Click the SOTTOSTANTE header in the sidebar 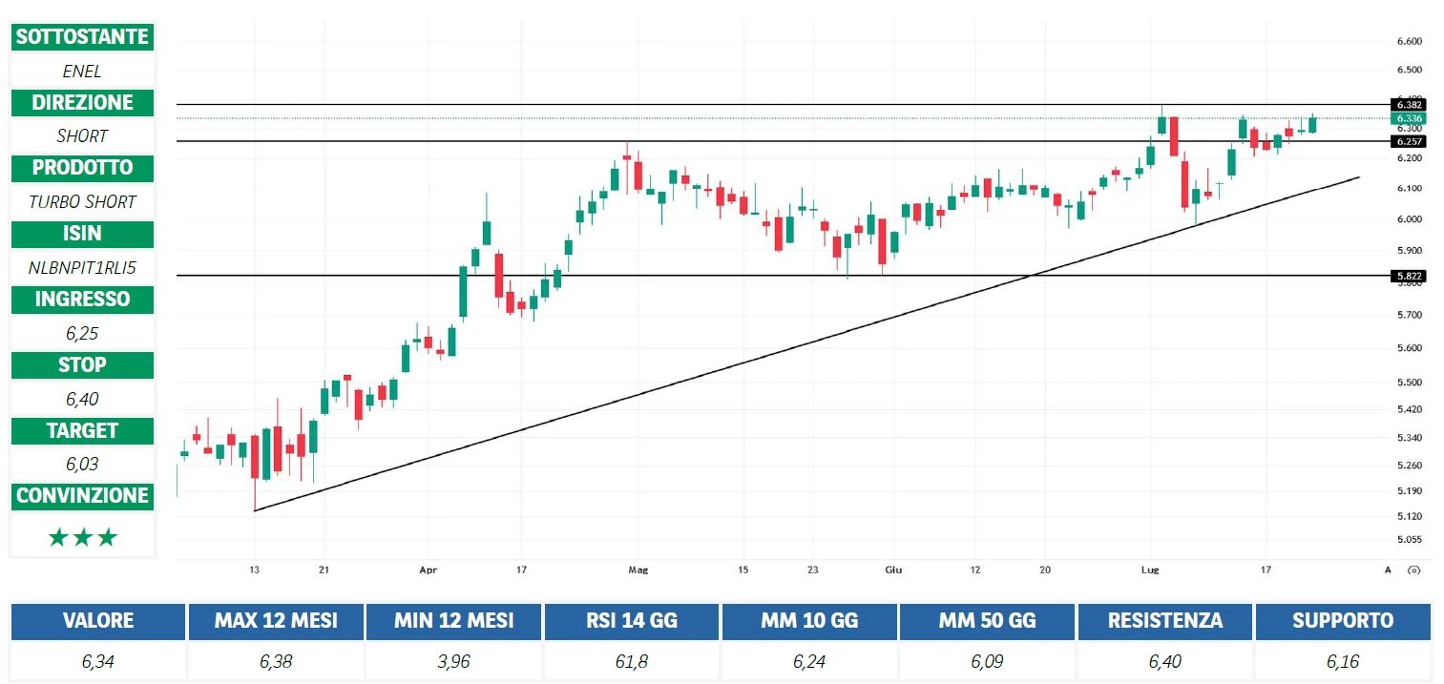82,37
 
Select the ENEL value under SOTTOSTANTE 82,71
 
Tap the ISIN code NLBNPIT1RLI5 82,267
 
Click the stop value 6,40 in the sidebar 82,399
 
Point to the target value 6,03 82,465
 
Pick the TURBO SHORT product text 82,201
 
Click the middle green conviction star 82,538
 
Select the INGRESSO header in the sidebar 82,300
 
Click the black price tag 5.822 1409,276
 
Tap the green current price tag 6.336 1409,118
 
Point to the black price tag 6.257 1409,141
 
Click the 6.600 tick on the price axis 1409,41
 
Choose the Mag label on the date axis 638,570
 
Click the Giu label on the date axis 893,570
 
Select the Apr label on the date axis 428,570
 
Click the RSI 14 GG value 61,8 632,661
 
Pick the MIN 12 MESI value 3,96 453,661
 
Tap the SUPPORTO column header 1342,621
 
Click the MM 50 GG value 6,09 987,661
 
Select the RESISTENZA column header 1164,621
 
